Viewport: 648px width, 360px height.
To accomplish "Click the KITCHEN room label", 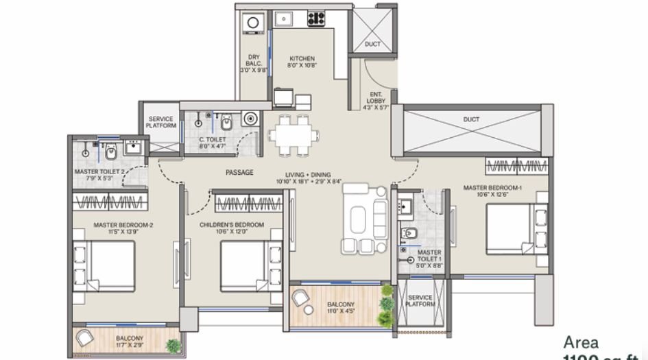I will (x=302, y=58).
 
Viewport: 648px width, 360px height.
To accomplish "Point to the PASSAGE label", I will (x=239, y=173).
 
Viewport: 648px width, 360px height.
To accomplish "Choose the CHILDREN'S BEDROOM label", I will (x=232, y=224).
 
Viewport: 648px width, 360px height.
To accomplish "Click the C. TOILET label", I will (x=211, y=139).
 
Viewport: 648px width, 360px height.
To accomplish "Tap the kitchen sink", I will (x=283, y=19).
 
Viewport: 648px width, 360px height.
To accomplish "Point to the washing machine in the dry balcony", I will (x=252, y=23).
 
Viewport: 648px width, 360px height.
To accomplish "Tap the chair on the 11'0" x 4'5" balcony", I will (x=301, y=298).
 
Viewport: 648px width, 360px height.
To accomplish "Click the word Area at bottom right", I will (x=581, y=341).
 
